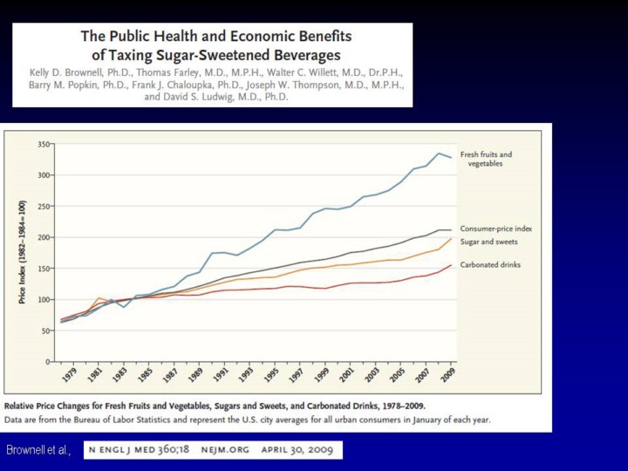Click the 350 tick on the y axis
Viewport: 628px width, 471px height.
coord(42,143)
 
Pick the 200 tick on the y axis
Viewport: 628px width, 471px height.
coord(42,236)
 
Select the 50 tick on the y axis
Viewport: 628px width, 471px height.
coord(44,330)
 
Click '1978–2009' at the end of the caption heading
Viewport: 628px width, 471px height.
coord(394,406)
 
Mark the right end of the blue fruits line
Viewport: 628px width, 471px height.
coord(451,157)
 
